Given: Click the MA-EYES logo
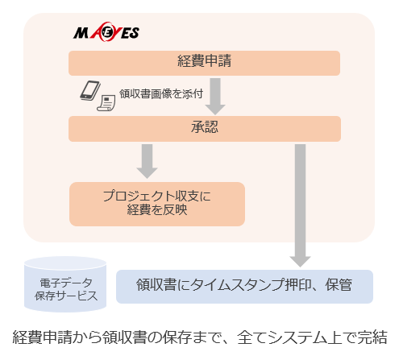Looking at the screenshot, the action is pyautogui.click(x=106, y=32).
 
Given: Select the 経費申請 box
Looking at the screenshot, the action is pyautogui.click(x=204, y=63).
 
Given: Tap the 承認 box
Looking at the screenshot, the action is pyautogui.click(x=205, y=129).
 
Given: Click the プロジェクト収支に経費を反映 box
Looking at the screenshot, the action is pyautogui.click(x=157, y=204).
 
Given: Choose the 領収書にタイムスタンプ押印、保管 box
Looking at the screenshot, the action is pyautogui.click(x=244, y=287).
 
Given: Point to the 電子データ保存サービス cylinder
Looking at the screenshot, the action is pyautogui.click(x=65, y=284).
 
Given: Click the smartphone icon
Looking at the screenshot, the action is pyautogui.click(x=90, y=90).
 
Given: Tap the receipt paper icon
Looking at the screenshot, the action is pyautogui.click(x=106, y=103).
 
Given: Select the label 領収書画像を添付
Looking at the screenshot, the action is pyautogui.click(x=161, y=94).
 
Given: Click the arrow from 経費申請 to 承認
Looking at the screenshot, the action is pyautogui.click(x=215, y=97).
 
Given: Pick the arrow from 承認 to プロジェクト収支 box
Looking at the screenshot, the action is pyautogui.click(x=147, y=161).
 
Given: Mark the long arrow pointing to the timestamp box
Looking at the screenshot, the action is pyautogui.click(x=300, y=205).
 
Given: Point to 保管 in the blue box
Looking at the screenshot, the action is pyautogui.click(x=339, y=285).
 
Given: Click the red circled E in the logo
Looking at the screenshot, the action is pyautogui.click(x=106, y=33).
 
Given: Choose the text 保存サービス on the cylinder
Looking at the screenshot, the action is pyautogui.click(x=66, y=296).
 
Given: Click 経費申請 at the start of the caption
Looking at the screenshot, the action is pyautogui.click(x=43, y=337).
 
